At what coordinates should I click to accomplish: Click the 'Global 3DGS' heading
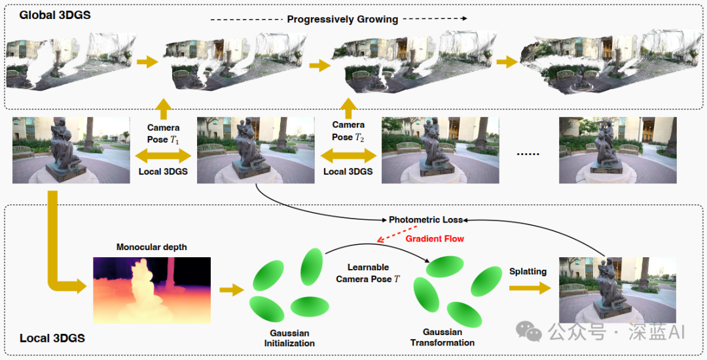(54, 15)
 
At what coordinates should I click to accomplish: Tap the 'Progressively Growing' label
(342, 20)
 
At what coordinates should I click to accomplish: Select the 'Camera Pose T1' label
(163, 134)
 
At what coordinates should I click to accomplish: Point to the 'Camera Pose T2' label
(348, 131)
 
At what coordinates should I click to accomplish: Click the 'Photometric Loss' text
(426, 220)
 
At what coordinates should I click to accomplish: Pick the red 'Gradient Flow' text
(435, 239)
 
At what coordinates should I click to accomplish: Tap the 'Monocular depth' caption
(151, 247)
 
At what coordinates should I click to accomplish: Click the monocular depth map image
(152, 290)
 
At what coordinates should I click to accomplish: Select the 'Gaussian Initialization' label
(289, 338)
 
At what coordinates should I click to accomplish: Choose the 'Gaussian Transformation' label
(443, 337)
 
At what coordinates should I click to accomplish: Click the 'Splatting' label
(528, 271)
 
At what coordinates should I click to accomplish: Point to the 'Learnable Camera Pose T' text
(368, 273)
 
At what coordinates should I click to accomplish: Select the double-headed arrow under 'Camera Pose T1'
(163, 156)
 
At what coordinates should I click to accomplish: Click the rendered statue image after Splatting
(618, 290)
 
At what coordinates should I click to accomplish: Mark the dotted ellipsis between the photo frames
(528, 154)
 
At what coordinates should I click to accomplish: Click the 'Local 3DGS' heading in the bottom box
(52, 338)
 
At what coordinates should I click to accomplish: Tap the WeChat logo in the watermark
(529, 332)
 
